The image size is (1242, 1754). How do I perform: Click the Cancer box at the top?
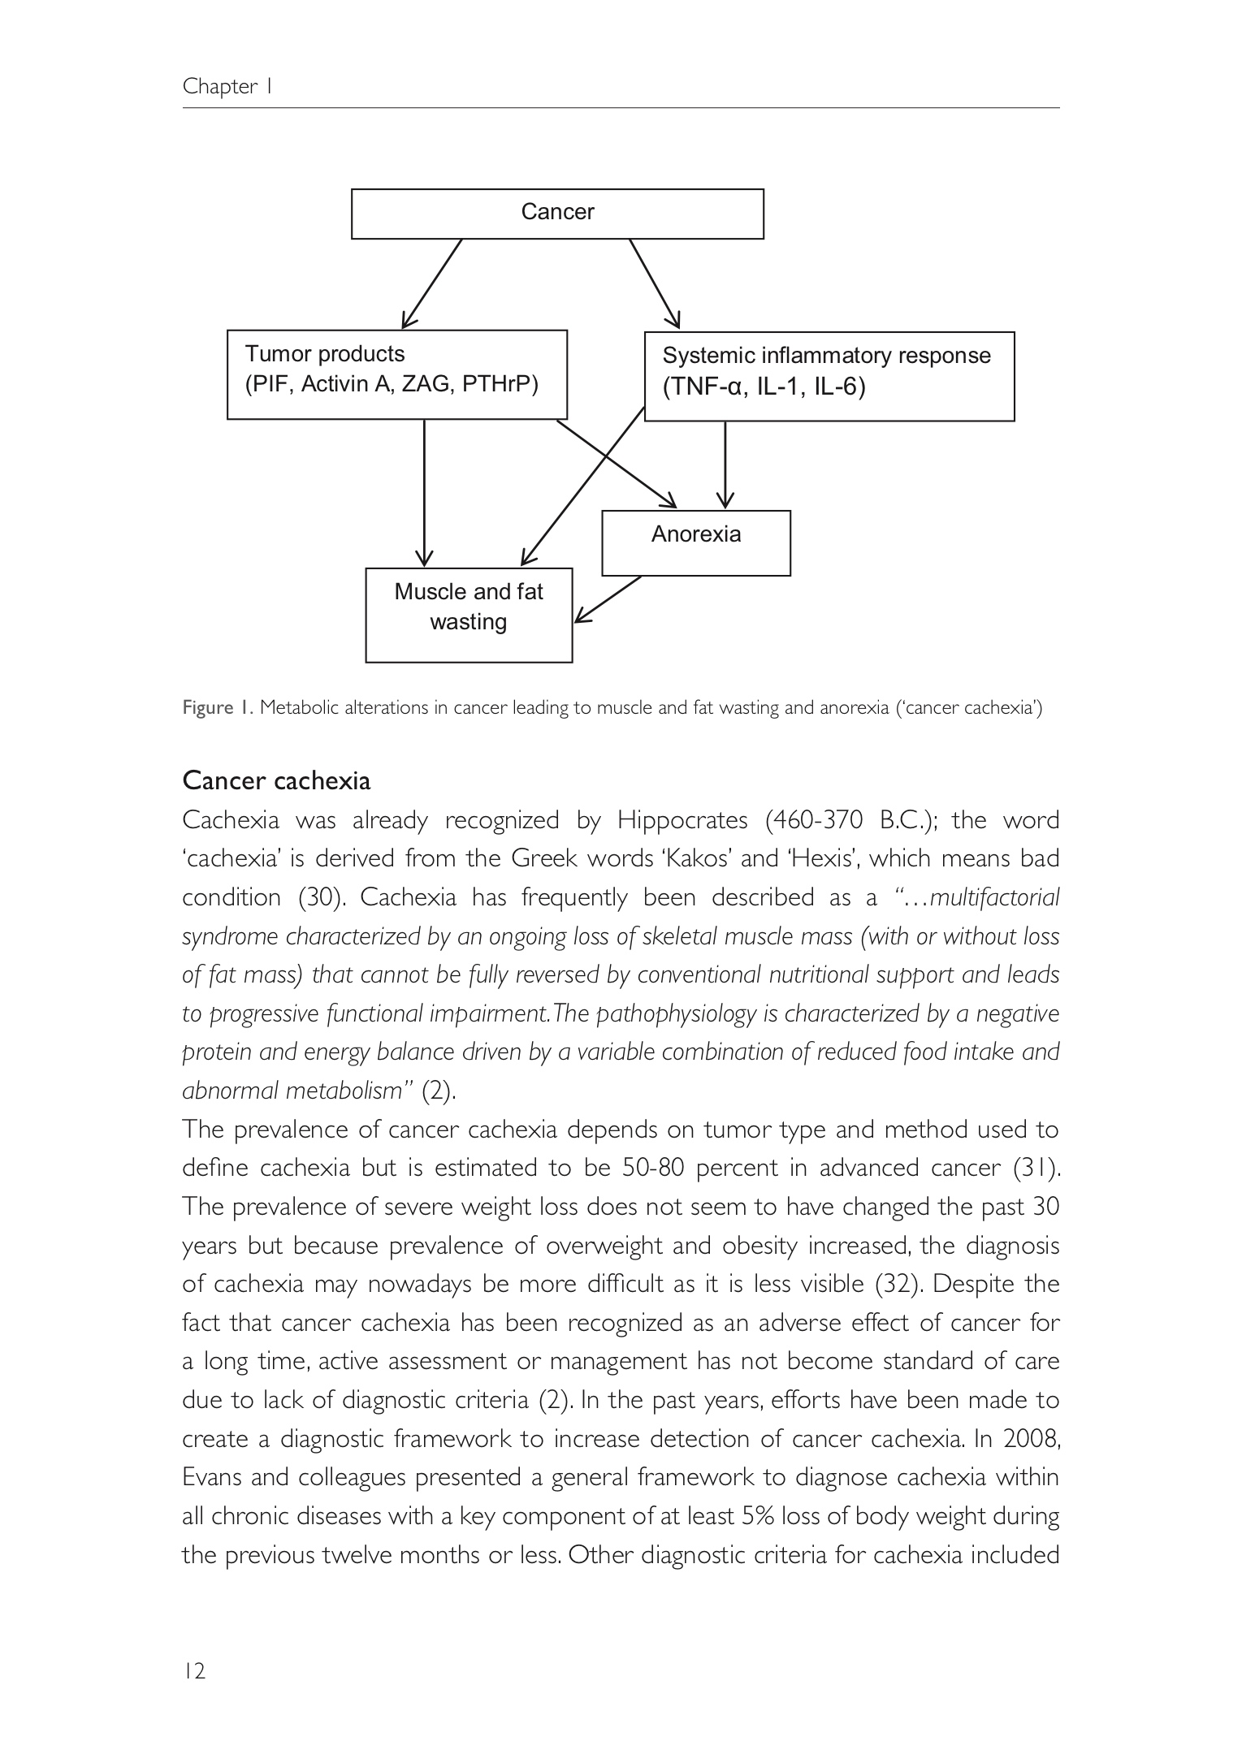point(557,214)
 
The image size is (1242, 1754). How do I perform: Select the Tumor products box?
point(396,374)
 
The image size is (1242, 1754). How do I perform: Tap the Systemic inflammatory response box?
point(829,376)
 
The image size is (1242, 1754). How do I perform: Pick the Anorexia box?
point(696,542)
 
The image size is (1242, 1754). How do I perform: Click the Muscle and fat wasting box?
point(469,615)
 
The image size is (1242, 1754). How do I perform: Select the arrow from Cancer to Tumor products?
point(432,283)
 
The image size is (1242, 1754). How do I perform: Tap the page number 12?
point(194,1670)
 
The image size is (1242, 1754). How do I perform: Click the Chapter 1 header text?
point(227,86)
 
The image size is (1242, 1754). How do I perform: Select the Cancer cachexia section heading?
point(276,780)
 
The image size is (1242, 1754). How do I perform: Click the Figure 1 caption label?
point(218,708)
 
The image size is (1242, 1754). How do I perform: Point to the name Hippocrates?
point(682,821)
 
